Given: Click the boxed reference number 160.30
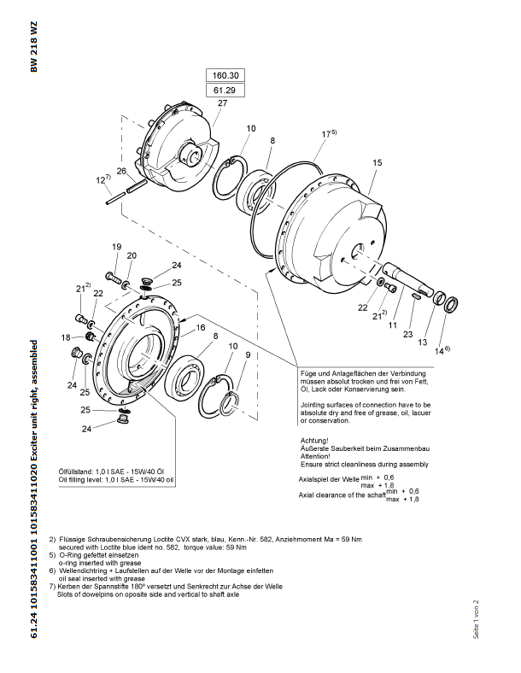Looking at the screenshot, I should (x=225, y=74).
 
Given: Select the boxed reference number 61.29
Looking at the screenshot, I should (x=225, y=90).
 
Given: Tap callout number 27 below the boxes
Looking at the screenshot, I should (x=223, y=103).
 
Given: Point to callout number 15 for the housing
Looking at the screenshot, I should (x=377, y=161).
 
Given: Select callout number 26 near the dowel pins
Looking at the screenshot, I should (x=121, y=172).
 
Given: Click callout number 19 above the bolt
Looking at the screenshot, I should (x=116, y=247).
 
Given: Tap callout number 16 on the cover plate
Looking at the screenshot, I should (x=201, y=327).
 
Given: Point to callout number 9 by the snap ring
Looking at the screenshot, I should (x=248, y=354).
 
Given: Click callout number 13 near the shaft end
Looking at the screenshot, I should (x=421, y=342).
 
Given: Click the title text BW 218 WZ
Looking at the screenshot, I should (x=35, y=50).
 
